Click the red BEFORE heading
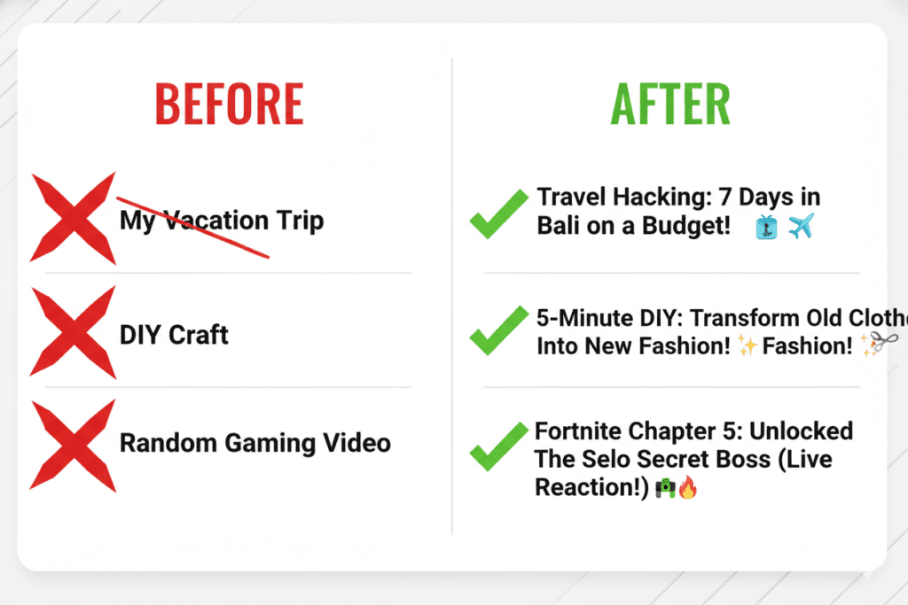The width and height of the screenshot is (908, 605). pyautogui.click(x=229, y=105)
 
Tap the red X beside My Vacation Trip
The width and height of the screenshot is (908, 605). pyautogui.click(x=74, y=218)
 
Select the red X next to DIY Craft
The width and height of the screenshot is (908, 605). pyautogui.click(x=74, y=333)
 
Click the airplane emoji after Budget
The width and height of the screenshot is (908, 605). pyautogui.click(x=800, y=226)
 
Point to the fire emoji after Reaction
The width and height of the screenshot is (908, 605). pyautogui.click(x=688, y=487)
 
